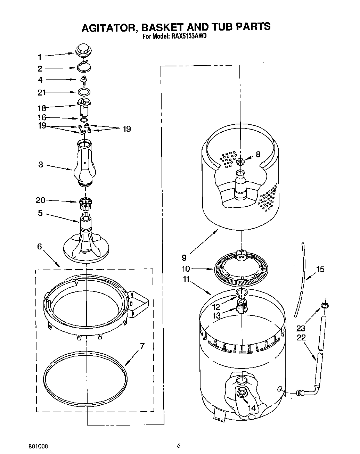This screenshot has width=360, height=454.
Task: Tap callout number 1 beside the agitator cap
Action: pos(40,57)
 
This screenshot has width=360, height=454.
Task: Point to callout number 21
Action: pos(41,92)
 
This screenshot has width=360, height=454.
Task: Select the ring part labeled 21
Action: pos(84,92)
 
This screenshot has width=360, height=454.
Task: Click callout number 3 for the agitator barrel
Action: pos(41,164)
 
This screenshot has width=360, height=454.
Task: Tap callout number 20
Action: pos(41,200)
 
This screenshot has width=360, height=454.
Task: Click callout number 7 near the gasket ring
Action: pos(142,346)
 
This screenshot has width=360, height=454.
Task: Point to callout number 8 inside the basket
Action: pos(258,154)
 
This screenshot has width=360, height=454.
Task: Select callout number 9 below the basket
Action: pos(184,258)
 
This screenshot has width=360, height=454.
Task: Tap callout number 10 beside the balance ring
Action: pos(186,269)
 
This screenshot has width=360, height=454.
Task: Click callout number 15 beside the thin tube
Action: pos(320,269)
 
